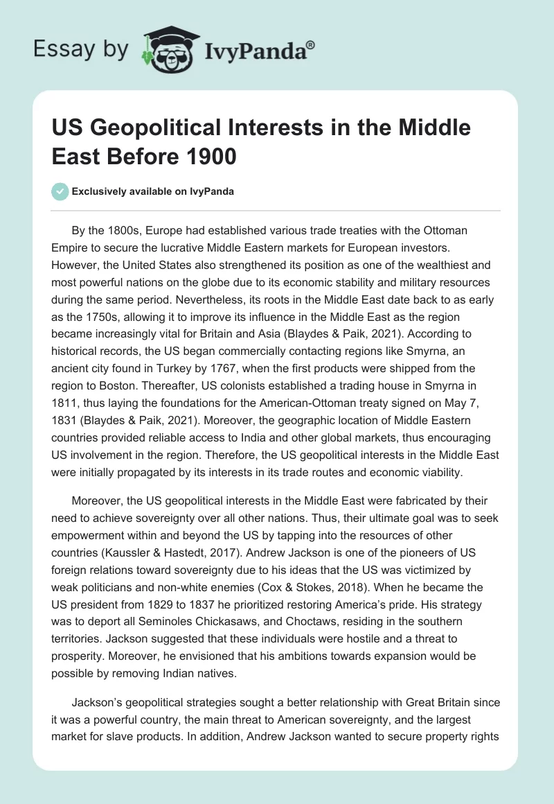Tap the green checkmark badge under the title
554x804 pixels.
(x=61, y=191)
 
